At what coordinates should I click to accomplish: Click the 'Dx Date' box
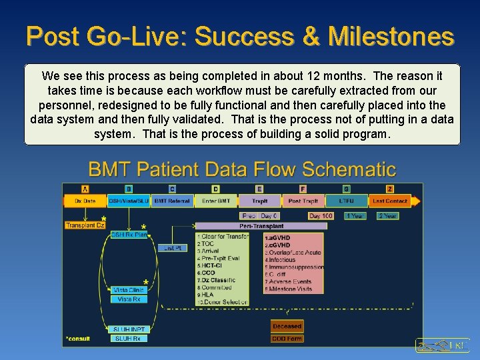85,201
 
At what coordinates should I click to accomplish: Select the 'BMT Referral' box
172,201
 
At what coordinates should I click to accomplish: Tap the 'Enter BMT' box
215,201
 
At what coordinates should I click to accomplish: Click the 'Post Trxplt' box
303,201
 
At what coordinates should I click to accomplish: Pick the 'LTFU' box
346,201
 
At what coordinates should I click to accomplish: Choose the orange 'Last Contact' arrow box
392,201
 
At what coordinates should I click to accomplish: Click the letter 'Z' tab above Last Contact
390,189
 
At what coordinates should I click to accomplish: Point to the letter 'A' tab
85,189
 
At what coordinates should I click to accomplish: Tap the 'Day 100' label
321,216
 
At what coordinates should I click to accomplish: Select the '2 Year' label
387,216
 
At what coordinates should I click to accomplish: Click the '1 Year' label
354,216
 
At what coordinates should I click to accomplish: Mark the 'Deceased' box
287,326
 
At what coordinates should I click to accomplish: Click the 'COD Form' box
287,339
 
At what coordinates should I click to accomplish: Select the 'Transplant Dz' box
85,225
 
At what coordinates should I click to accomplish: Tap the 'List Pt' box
173,248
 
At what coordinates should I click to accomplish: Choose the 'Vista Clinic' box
129,290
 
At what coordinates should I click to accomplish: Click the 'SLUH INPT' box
129,329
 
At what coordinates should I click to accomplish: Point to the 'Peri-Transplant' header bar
261,226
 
